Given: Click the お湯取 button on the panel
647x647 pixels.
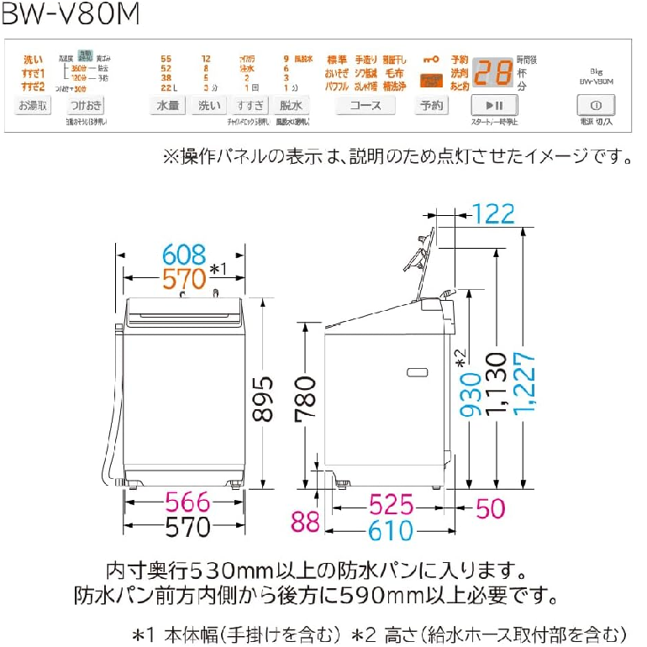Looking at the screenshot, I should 34,105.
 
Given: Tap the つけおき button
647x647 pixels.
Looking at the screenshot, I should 87,105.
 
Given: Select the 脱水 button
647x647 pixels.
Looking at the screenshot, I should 291,105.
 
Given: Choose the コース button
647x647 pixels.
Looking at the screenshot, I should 366,105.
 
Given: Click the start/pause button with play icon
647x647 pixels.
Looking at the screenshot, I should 494,105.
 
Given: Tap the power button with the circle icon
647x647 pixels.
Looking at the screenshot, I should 596,105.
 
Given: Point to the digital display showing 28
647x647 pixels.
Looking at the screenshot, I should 492,73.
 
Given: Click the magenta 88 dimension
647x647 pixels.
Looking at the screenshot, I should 306,521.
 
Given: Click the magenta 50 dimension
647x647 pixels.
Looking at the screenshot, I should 494,507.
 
